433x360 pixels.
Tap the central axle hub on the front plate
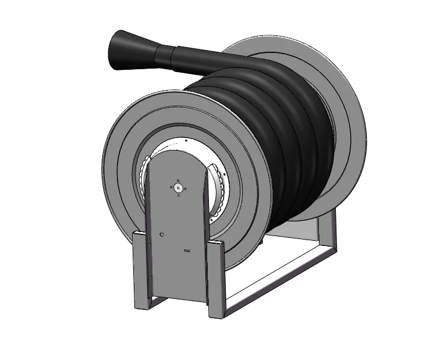(178, 187)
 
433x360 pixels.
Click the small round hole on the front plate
(162, 234)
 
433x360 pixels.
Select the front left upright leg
(141, 270)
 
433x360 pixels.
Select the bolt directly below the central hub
(178, 195)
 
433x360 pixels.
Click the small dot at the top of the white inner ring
(185, 140)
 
